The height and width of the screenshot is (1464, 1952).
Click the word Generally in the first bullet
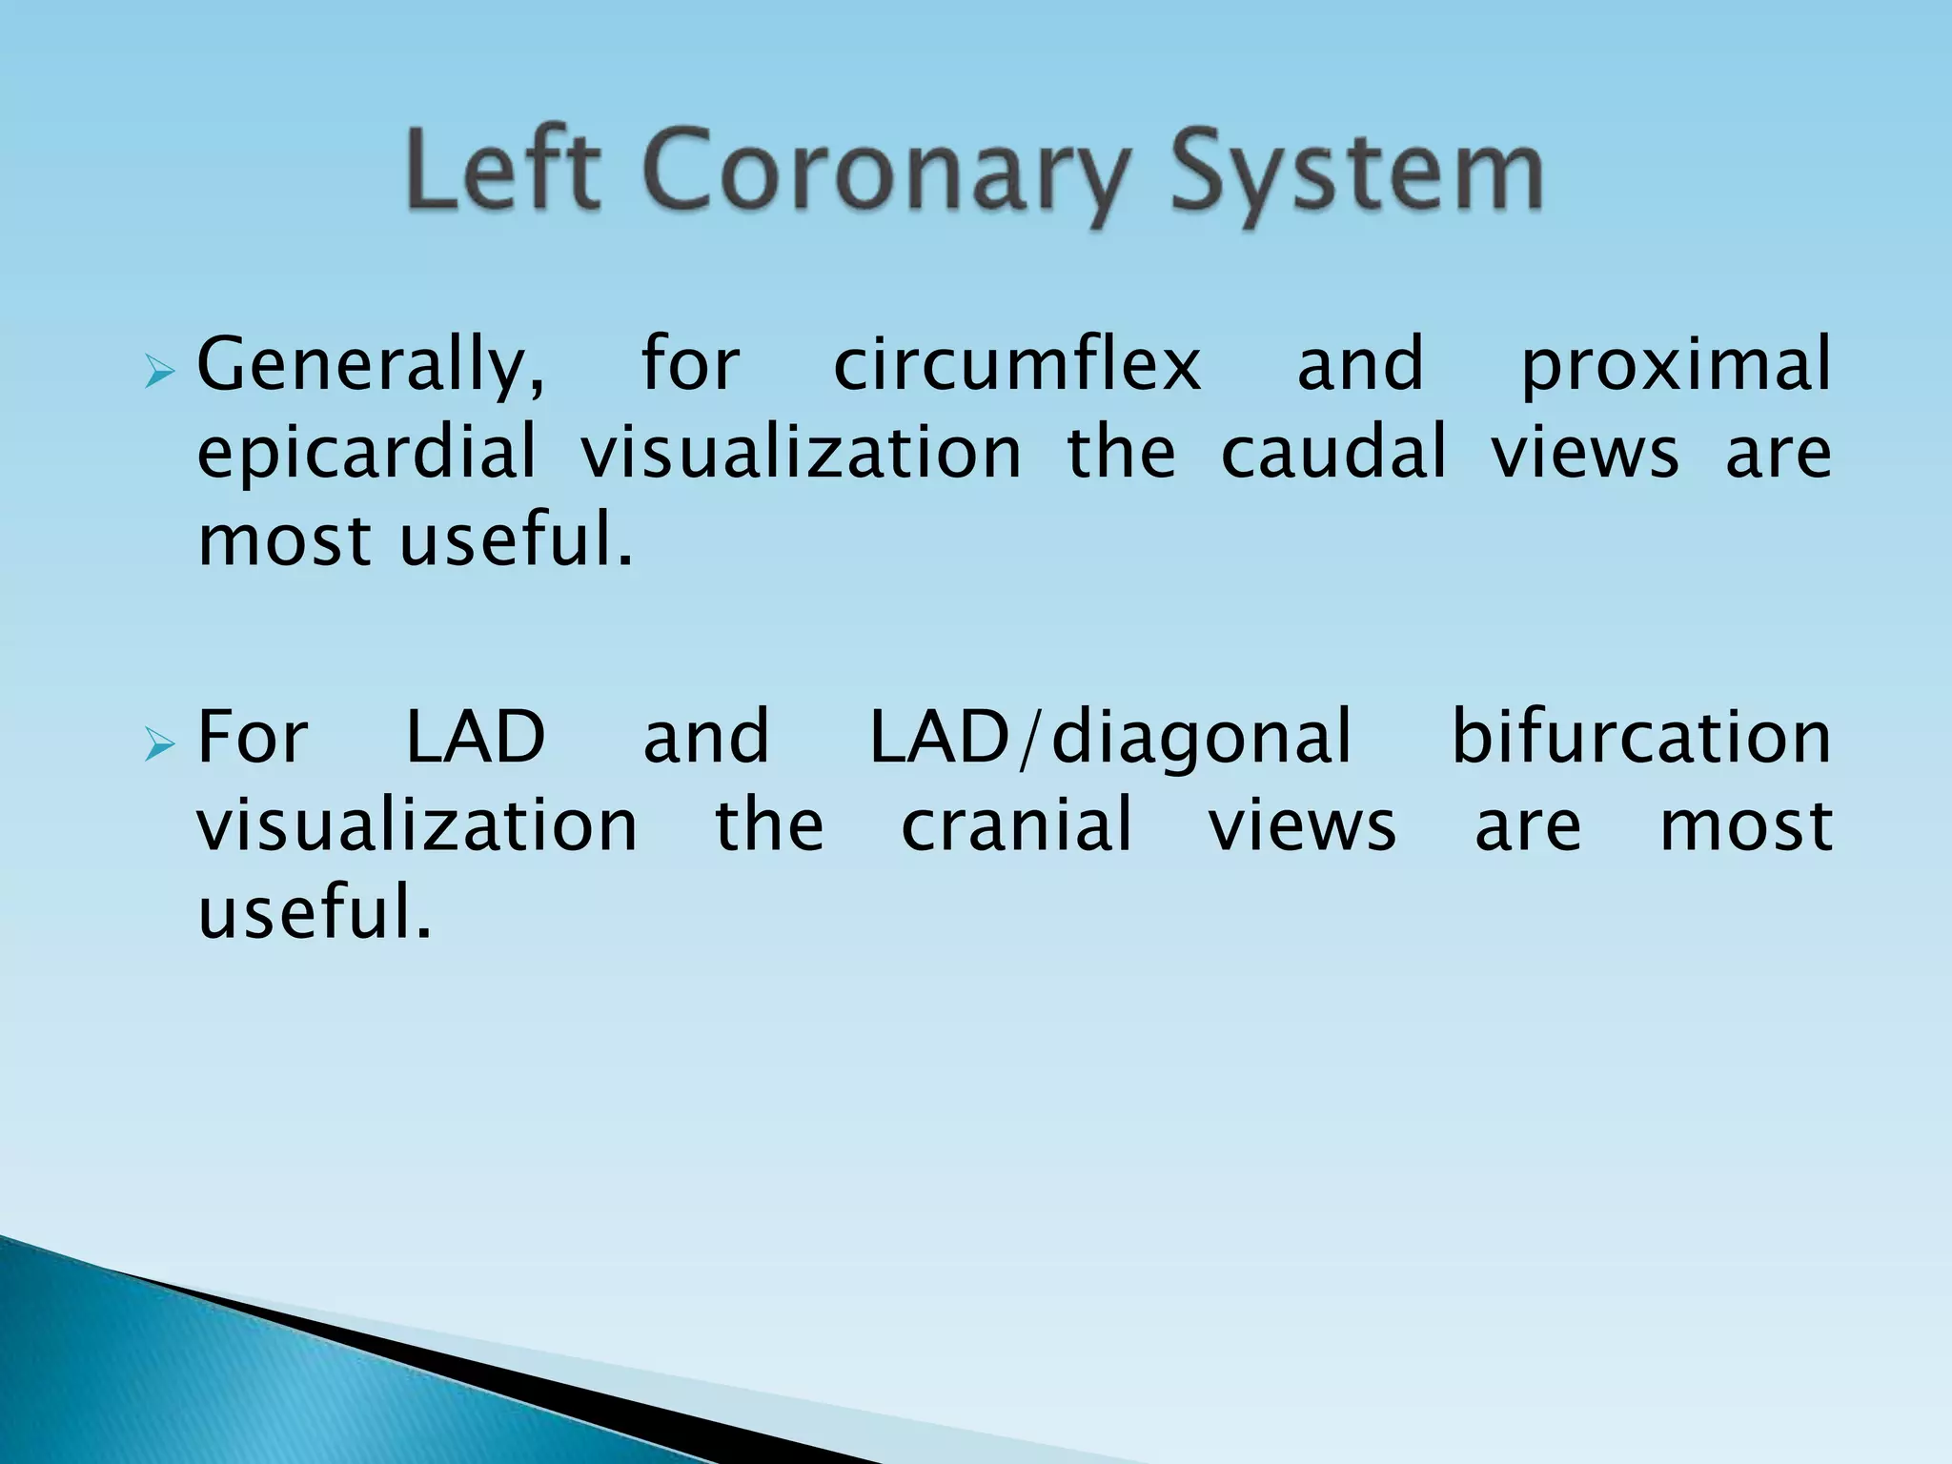pos(372,367)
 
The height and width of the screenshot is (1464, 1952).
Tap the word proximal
pos(1675,367)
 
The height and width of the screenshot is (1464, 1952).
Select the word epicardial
pos(366,453)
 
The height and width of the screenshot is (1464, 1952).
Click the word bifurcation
pos(1639,737)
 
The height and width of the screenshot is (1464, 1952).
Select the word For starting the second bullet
pos(253,737)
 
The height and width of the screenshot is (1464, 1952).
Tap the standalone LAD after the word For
pos(476,737)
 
